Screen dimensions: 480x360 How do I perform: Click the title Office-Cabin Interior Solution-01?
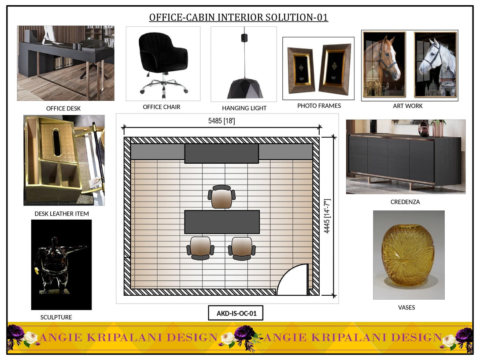coord(239,18)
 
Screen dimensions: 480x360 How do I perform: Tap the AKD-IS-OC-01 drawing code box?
coord(236,313)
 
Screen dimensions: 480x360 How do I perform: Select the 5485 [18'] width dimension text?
coord(222,121)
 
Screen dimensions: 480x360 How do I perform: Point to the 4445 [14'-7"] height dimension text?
coord(327,216)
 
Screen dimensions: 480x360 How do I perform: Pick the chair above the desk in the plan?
coord(222,196)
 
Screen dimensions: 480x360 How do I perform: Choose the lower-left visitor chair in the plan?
coord(200,248)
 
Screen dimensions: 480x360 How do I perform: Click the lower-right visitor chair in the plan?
coord(242,248)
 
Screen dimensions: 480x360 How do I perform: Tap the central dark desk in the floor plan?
coord(222,222)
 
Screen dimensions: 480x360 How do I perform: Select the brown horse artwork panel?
coord(384,64)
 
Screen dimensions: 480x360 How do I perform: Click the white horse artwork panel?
coord(436,64)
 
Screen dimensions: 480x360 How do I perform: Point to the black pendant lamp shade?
coord(245,88)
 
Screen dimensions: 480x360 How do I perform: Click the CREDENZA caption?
coord(405,202)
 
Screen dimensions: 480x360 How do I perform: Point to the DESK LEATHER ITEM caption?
coord(62,214)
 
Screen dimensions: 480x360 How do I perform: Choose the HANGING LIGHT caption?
coord(244,108)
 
